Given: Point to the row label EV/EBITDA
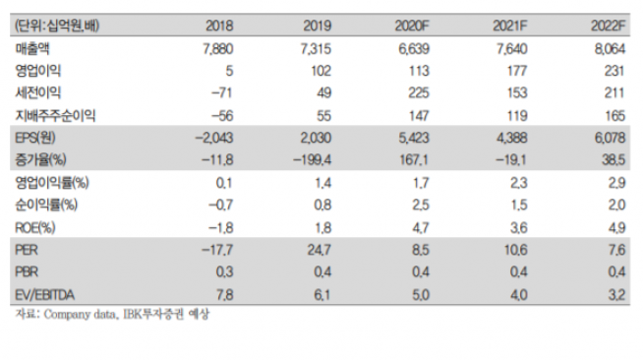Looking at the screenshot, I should click(x=46, y=291).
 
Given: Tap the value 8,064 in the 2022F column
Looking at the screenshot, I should click(x=610, y=48).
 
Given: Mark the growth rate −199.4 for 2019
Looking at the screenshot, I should click(x=302, y=158).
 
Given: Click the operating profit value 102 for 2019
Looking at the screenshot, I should click(x=314, y=71).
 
